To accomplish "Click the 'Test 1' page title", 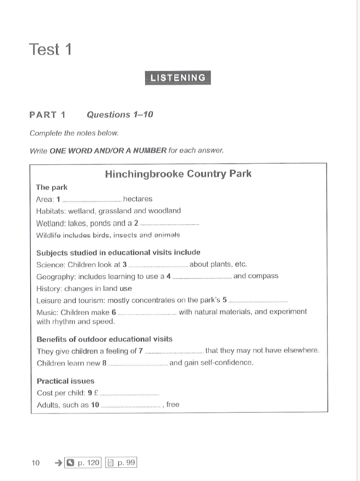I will [50, 49].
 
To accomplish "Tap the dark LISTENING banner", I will [178, 78].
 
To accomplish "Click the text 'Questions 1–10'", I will [120, 114].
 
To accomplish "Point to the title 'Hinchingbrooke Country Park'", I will [178, 174].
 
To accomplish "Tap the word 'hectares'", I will [137, 199].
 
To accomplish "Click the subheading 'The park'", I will [52, 187].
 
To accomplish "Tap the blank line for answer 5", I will [258, 302].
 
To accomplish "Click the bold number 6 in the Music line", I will [113, 312].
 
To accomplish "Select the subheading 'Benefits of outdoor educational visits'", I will [104, 339].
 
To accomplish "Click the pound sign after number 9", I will [96, 393].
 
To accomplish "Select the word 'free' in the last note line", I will [173, 405].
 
